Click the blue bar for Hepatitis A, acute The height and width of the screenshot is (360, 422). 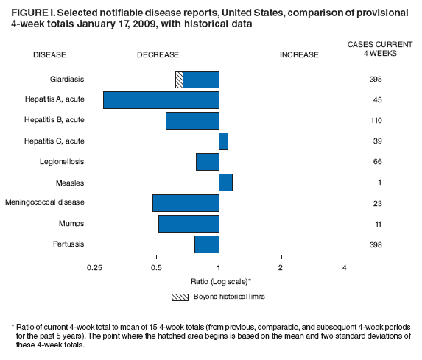161,100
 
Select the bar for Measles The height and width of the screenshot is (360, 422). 225,183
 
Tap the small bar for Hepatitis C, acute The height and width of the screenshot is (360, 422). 223,141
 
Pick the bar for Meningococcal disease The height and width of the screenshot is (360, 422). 186,203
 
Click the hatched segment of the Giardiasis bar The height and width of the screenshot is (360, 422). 179,80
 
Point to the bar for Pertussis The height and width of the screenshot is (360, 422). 206,244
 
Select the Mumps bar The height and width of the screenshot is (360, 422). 189,224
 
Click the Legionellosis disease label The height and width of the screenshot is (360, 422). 60,162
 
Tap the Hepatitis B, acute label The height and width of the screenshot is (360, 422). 54,121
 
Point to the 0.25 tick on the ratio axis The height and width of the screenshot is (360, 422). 94,267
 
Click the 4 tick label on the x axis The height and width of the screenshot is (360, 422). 344,267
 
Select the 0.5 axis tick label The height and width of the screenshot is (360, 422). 156,267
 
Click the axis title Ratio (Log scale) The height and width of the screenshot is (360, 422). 219,281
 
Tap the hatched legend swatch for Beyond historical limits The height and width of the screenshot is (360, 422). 179,297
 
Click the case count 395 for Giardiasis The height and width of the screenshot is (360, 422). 376,80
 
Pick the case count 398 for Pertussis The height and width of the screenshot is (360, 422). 376,244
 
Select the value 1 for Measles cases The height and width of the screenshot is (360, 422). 376,183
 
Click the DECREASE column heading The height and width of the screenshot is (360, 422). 156,54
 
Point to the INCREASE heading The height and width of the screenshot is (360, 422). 299,54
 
